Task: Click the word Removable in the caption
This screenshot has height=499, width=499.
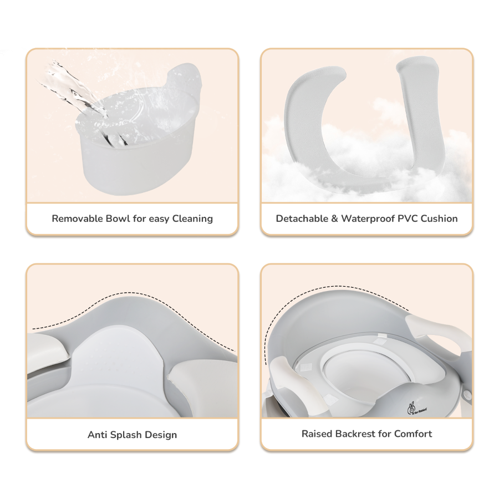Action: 77,218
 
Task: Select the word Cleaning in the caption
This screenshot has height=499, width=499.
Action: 192,219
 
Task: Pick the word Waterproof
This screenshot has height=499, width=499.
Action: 368,219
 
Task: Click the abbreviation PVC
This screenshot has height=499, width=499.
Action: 408,218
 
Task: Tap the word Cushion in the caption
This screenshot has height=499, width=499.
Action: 439,218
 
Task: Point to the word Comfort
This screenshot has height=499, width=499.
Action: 413,434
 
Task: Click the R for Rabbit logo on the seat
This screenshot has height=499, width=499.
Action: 416,408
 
